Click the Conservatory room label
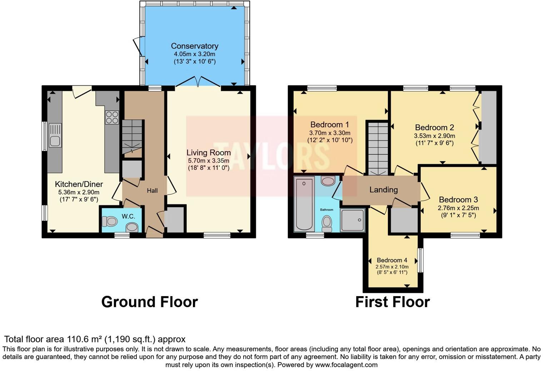[194, 46]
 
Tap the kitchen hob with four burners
[112, 117]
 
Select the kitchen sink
[55, 136]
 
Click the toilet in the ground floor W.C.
[110, 222]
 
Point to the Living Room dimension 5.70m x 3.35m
[209, 161]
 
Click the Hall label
[152, 191]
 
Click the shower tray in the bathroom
[353, 220]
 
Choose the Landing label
[383, 190]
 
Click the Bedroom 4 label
[392, 260]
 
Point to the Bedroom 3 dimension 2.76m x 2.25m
[458, 208]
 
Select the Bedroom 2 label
[434, 127]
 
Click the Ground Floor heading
[149, 302]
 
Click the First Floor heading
[392, 302]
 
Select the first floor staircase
[378, 148]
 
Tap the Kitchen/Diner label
[79, 184]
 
